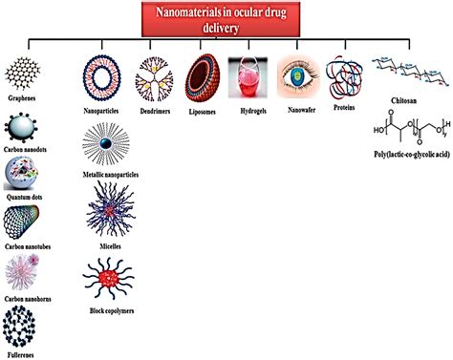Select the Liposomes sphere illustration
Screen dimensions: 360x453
[203, 75]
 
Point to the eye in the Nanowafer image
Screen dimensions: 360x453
[298, 75]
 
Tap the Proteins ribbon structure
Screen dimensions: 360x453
[343, 79]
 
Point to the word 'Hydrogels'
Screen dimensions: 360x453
[249, 110]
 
